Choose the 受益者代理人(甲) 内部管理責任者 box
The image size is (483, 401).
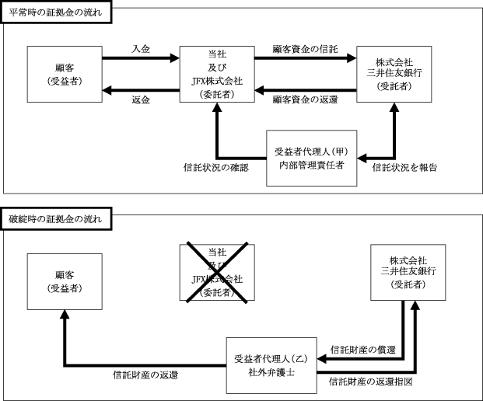pyautogui.click(x=311, y=158)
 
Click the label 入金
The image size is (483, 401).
pyautogui.click(x=140, y=49)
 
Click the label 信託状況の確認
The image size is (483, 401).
pyautogui.click(x=215, y=167)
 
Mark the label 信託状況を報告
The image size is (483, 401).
pyautogui.click(x=404, y=167)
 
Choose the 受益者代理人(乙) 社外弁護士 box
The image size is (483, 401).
pyautogui.click(x=271, y=367)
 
